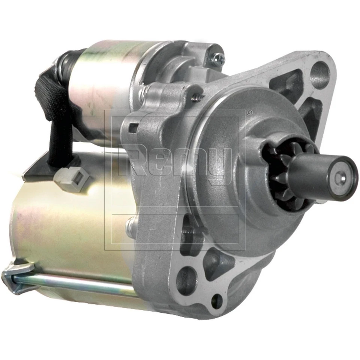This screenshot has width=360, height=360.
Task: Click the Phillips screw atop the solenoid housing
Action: click(x=218, y=58)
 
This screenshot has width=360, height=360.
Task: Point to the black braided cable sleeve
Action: click(x=56, y=112)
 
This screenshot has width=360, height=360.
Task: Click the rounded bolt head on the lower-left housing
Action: click(x=130, y=225)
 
